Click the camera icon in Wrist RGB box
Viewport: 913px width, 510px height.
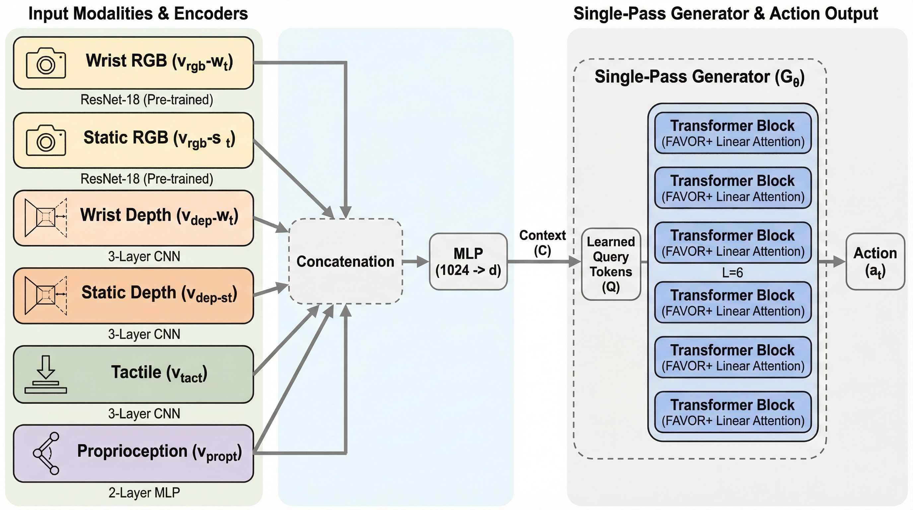click(46, 63)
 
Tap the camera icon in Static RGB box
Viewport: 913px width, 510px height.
click(46, 140)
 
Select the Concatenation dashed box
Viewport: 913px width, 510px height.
click(346, 261)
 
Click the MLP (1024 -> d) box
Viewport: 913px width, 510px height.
click(468, 262)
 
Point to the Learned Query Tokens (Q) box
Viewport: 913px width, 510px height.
click(611, 264)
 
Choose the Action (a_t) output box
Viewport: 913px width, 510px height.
click(875, 262)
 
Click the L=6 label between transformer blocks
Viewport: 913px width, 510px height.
click(732, 273)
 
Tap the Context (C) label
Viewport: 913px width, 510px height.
click(542, 243)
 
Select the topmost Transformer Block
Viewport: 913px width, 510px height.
click(733, 133)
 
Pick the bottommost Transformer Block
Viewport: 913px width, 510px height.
click(733, 412)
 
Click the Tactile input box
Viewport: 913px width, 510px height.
click(133, 374)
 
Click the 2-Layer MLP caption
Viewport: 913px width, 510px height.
click(144, 493)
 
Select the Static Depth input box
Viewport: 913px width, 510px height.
click(133, 296)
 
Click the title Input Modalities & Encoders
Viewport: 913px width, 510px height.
click(138, 14)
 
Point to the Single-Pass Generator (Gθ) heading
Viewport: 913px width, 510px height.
click(699, 77)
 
